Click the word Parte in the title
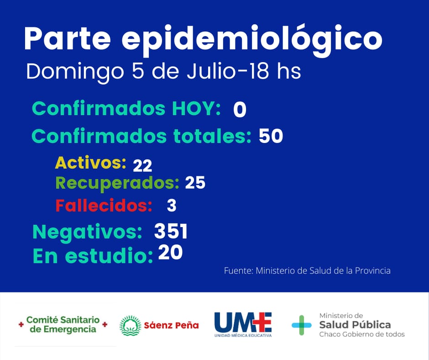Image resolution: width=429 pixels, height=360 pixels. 67,39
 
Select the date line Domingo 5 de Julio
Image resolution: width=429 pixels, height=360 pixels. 163,73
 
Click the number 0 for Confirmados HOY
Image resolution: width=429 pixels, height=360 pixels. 240,110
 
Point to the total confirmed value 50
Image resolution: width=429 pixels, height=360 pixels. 271,136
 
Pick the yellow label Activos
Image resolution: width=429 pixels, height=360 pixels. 90,163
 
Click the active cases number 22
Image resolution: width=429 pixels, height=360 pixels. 142,165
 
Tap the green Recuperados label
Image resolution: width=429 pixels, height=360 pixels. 117,183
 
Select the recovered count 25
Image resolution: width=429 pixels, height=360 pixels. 195,183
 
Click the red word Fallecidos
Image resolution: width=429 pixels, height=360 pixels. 104,206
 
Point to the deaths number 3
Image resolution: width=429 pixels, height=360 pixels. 172,206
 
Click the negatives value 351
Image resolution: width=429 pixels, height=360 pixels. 171,232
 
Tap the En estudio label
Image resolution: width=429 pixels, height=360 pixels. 93,256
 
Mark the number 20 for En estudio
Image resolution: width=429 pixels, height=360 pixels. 170,253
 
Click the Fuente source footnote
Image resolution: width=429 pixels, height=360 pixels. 307,270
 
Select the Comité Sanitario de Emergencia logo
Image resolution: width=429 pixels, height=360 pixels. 63,325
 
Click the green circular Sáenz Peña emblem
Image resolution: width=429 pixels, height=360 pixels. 130,326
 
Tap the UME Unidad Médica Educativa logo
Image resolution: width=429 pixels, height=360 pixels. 243,325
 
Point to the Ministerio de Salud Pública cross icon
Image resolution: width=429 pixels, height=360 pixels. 302,325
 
